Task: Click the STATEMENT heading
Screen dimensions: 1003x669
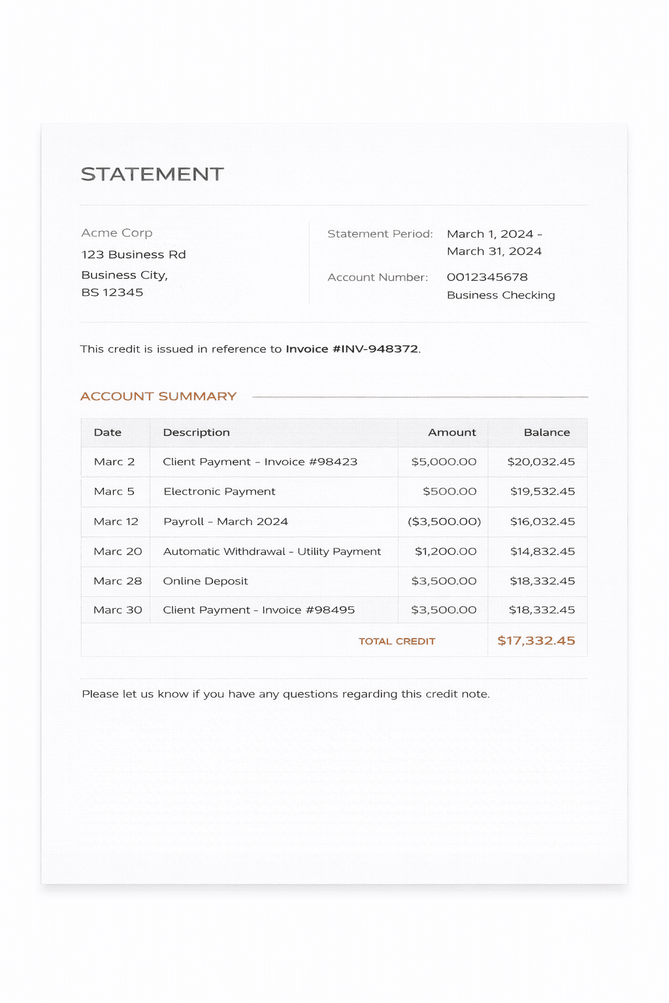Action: pos(152,174)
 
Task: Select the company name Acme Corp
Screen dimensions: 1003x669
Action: pos(117,233)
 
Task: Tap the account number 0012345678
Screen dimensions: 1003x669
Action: pos(487,278)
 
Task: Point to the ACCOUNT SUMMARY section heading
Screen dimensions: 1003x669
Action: pos(158,396)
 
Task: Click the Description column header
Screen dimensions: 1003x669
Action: pos(196,432)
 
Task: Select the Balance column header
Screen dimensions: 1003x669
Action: pos(547,432)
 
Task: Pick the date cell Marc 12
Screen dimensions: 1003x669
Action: pos(116,522)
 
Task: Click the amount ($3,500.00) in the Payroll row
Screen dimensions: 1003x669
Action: pos(444,522)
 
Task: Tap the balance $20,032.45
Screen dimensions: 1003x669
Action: pos(541,462)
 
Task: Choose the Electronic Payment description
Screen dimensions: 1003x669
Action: pos(220,492)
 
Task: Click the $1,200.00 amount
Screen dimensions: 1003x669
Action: pos(446,552)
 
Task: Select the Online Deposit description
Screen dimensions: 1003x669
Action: pos(206,581)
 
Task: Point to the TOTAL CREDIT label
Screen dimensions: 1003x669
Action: pos(397,641)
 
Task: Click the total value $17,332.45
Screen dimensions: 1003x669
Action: pos(536,641)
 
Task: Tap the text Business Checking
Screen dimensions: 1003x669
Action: pos(501,295)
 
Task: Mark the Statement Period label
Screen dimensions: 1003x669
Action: pos(380,234)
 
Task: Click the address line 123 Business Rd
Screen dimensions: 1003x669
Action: pos(134,255)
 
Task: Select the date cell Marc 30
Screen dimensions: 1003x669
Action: pos(118,610)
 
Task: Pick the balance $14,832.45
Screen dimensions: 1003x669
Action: pos(542,552)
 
